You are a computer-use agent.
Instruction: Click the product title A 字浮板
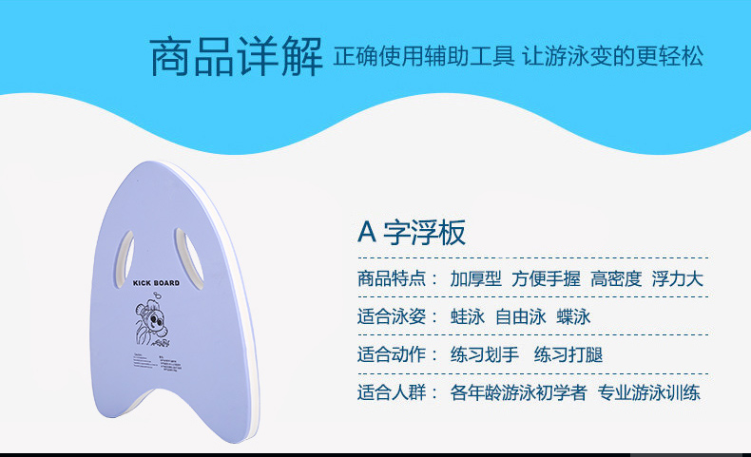(411, 233)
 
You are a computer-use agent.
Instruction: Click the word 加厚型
(475, 279)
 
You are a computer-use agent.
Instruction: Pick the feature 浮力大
(677, 279)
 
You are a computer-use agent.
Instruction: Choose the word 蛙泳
(467, 317)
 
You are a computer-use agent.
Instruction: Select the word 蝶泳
(574, 317)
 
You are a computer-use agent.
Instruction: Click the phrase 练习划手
(484, 355)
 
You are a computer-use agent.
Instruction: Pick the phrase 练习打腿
(568, 355)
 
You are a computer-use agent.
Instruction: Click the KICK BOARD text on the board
(155, 283)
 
